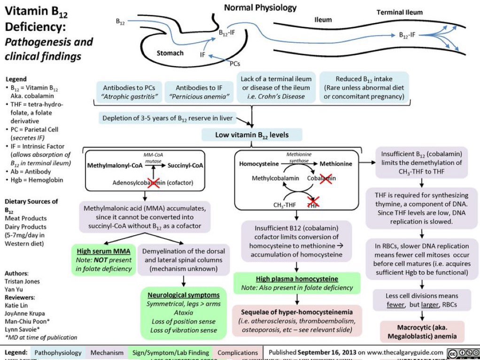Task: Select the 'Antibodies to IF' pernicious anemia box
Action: click(199, 92)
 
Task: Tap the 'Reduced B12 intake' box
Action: click(364, 87)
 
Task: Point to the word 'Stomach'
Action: click(170, 53)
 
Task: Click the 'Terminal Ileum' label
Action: click(399, 12)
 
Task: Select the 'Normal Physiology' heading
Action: click(260, 8)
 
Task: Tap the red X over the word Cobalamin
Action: click(325, 178)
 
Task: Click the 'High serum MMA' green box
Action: click(103, 259)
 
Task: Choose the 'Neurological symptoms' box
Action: click(184, 313)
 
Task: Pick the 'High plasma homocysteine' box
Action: click(297, 283)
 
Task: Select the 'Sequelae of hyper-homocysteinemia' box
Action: click(297, 321)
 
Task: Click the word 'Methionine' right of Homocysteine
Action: click(336, 164)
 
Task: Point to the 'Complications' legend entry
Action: click(238, 352)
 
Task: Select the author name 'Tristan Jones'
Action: click(22, 281)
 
